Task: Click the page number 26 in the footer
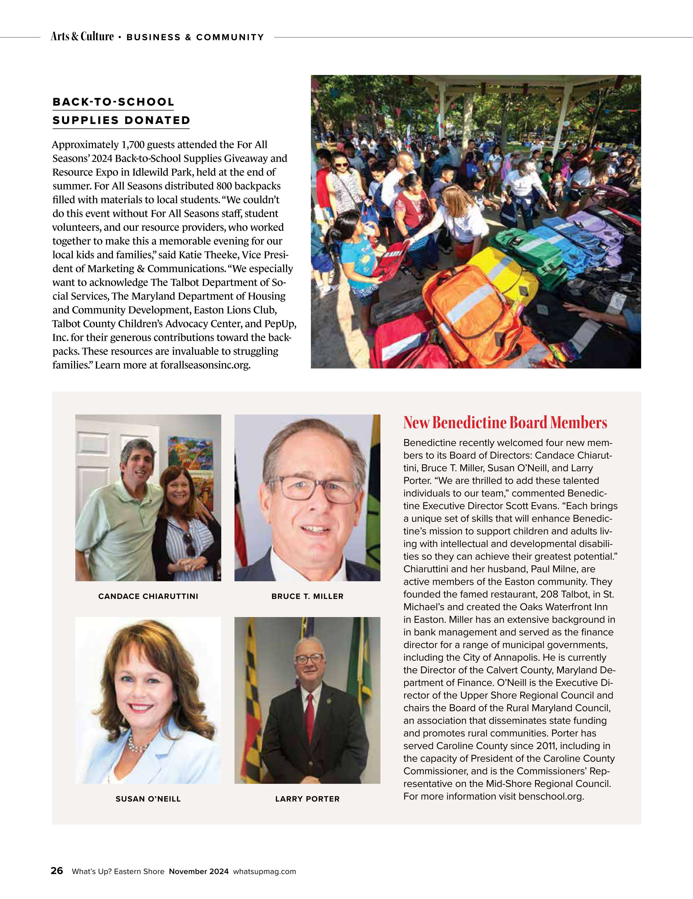(x=57, y=871)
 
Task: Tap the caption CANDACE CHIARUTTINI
(x=148, y=596)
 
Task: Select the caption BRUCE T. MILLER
(x=307, y=596)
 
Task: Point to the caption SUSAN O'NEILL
(x=148, y=799)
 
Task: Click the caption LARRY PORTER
(x=307, y=799)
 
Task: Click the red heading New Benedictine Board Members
(x=505, y=423)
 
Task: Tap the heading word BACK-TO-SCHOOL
(x=113, y=102)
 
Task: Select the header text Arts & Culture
(x=82, y=37)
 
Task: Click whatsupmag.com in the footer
(x=265, y=871)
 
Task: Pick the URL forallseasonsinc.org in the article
(x=205, y=365)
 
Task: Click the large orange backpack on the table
(x=470, y=309)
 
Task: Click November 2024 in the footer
(x=199, y=871)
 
